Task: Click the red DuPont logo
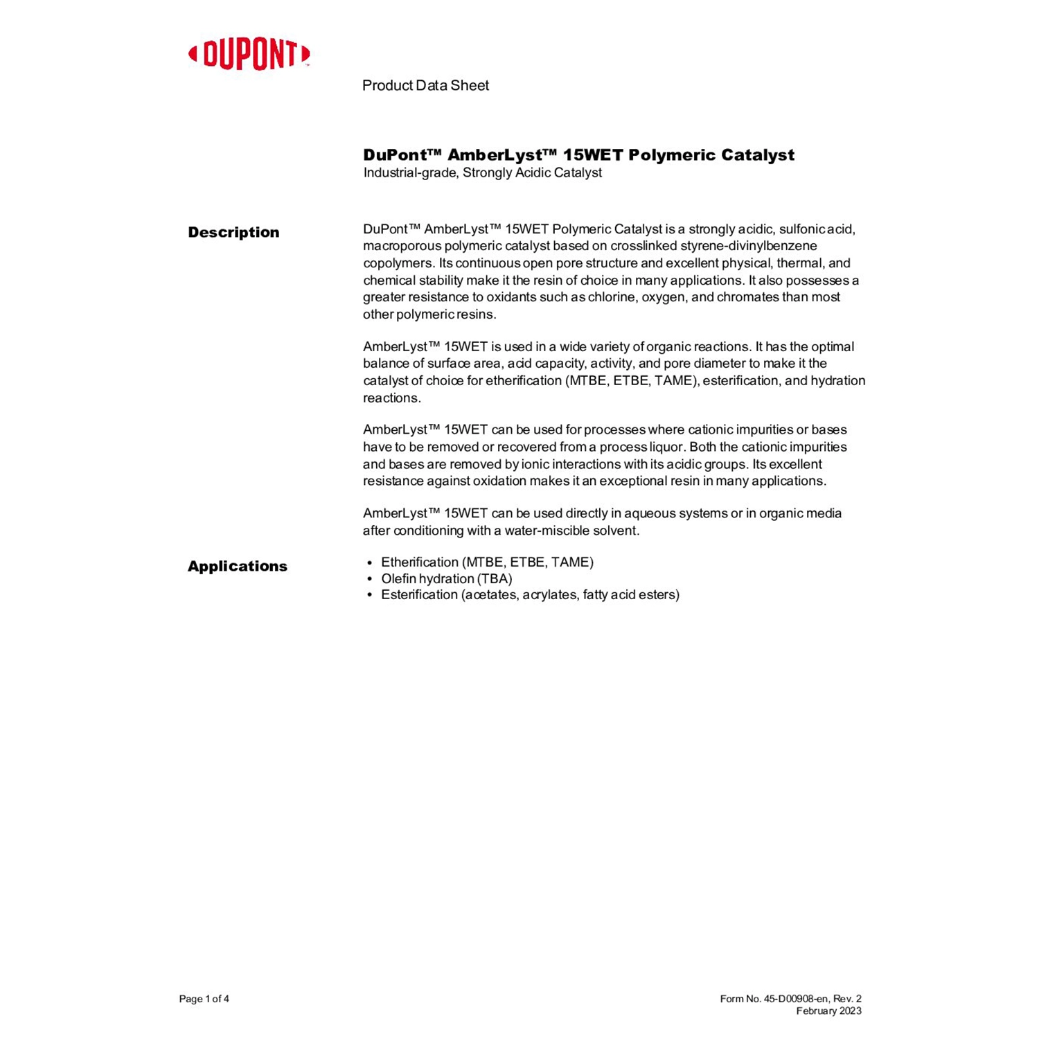(x=249, y=55)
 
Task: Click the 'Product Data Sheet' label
(x=425, y=85)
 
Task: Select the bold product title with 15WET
(x=578, y=154)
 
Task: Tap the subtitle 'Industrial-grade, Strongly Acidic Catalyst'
(x=482, y=172)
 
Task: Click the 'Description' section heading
(x=233, y=232)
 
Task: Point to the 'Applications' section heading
(x=237, y=566)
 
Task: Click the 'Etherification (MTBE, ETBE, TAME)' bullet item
(x=487, y=562)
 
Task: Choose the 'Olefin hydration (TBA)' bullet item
(x=447, y=578)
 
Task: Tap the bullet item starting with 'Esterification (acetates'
(x=530, y=594)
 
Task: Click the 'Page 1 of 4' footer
(x=204, y=999)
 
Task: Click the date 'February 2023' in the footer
(x=828, y=1011)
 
